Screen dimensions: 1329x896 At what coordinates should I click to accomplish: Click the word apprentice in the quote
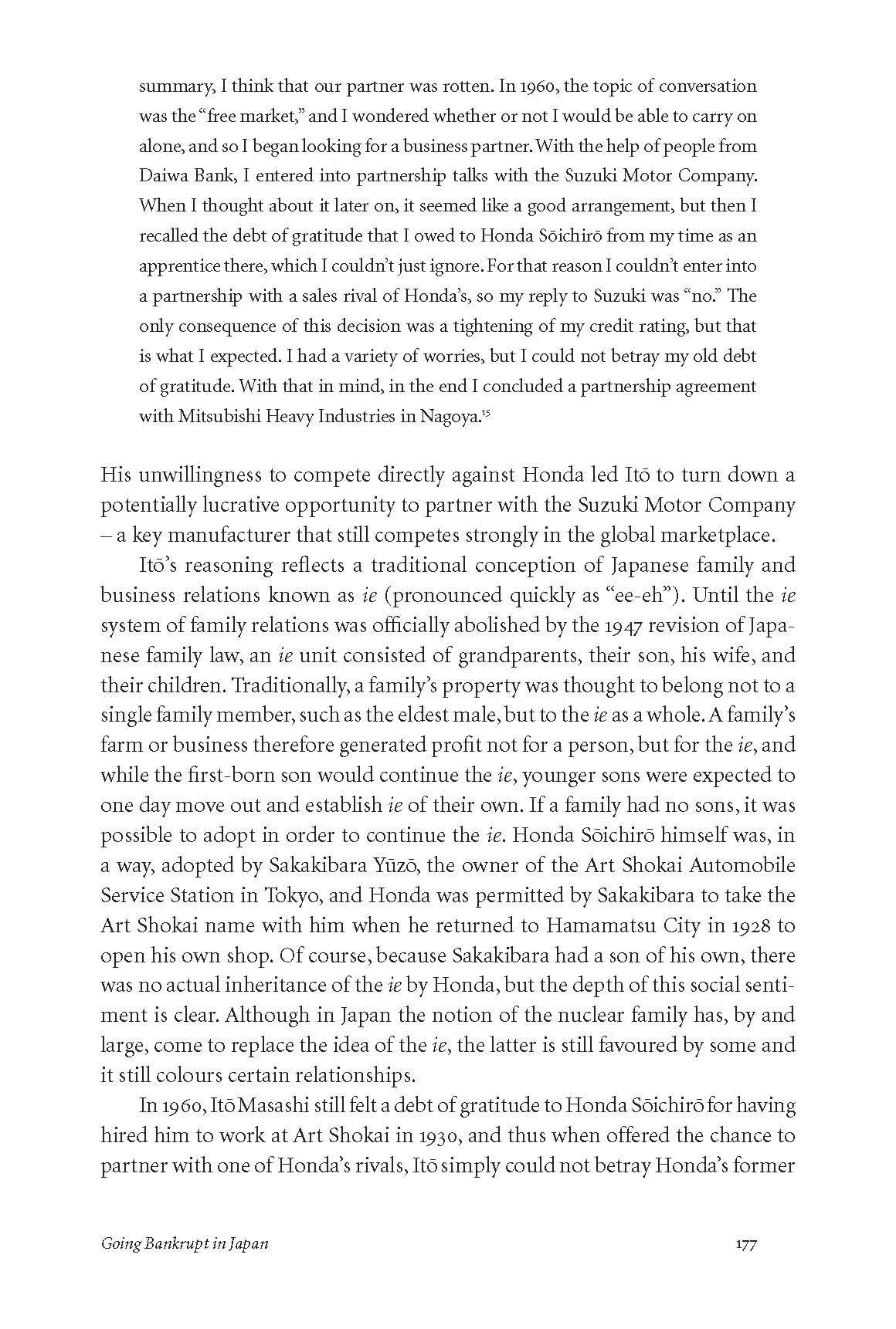pos(181,266)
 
